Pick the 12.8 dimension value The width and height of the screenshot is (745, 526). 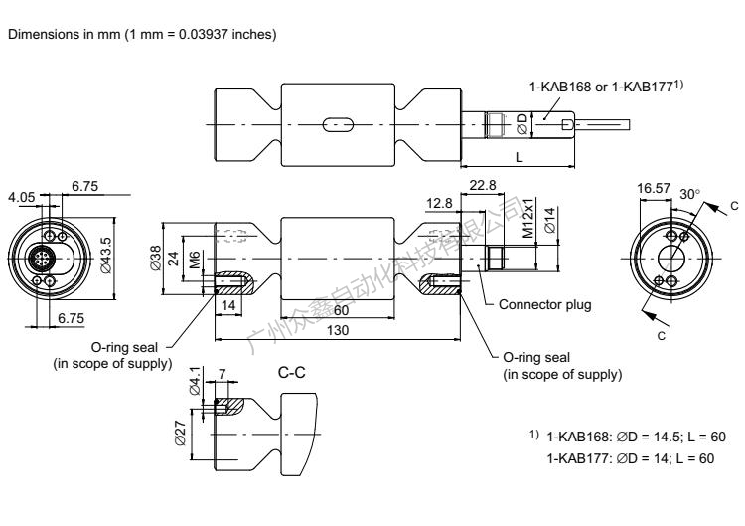click(x=441, y=205)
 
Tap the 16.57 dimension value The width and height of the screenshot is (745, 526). click(x=652, y=187)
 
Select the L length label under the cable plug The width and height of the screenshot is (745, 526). click(x=519, y=156)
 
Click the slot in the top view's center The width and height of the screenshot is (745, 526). click(x=339, y=125)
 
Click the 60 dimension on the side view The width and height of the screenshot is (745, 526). click(x=341, y=310)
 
